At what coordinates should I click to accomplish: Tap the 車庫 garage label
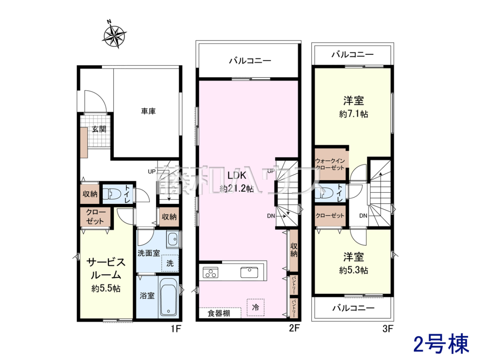[x=148, y=111]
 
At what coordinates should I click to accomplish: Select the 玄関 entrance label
[x=99, y=129]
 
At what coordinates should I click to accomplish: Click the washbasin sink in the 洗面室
[x=173, y=239]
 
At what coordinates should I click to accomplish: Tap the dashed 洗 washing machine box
[x=170, y=263]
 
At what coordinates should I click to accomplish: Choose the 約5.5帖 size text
[x=106, y=289]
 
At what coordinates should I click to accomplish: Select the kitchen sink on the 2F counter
[x=249, y=272]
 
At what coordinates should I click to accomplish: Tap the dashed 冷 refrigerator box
[x=256, y=307]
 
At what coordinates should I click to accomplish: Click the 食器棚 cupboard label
[x=219, y=314]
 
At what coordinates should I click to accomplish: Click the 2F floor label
[x=294, y=328]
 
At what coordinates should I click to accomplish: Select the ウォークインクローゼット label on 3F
[x=330, y=164]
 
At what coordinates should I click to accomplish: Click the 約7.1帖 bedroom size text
[x=354, y=114]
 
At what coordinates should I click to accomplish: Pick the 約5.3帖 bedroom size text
[x=354, y=270]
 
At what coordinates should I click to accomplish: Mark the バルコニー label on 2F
[x=250, y=60]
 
